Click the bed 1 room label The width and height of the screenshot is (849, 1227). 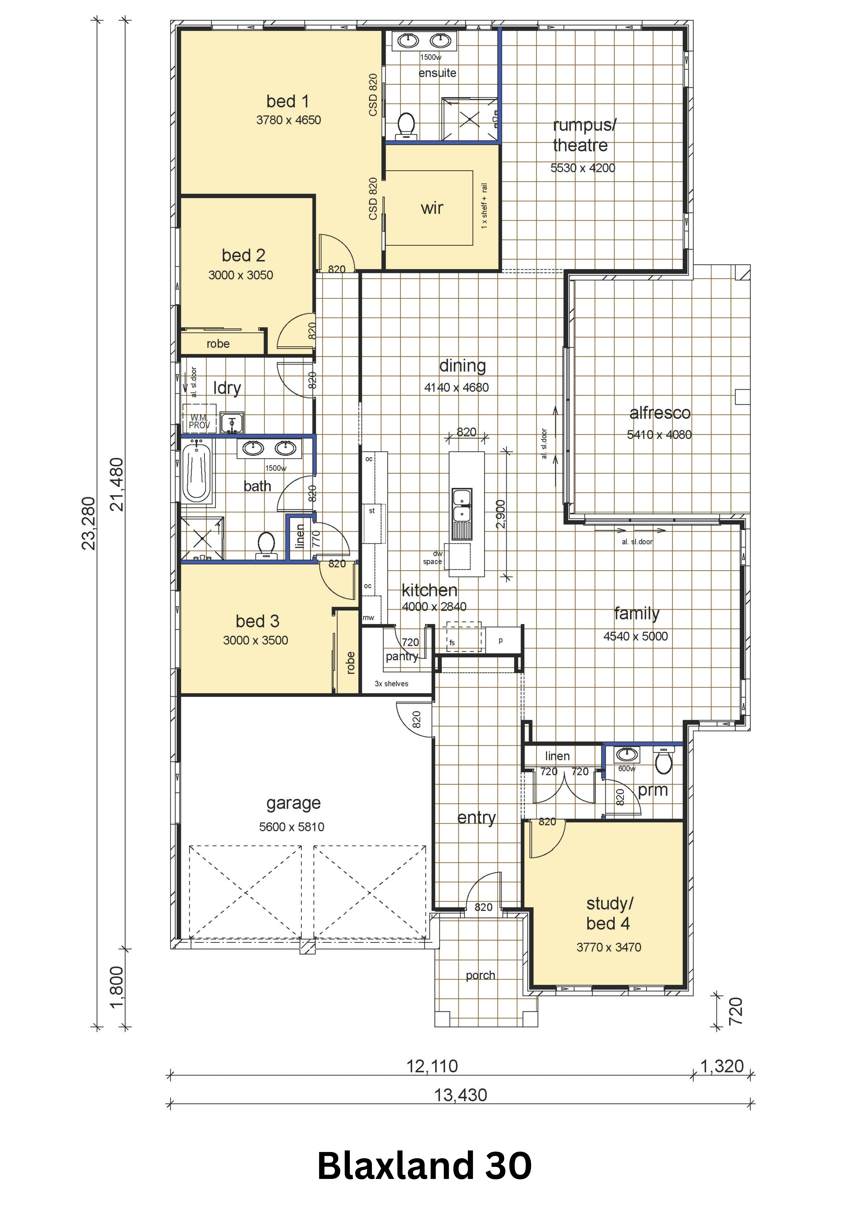pos(288,101)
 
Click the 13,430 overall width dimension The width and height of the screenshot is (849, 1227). pos(461,1095)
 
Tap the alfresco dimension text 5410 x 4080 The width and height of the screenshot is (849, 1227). pos(659,434)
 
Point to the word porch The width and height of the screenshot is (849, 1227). pos(480,975)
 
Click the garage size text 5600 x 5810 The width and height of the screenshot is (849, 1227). pos(291,827)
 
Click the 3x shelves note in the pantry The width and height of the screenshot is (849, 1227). pos(392,683)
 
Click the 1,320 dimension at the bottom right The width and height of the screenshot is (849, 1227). pos(722,1066)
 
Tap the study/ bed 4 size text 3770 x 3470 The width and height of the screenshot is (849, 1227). pos(609,947)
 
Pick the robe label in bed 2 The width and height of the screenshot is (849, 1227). pos(218,344)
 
